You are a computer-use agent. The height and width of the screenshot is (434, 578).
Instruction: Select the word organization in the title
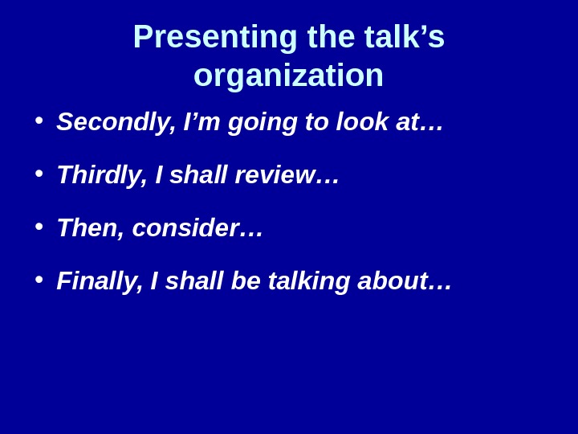tap(288, 76)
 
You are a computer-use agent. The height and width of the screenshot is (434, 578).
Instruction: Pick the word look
tap(362, 122)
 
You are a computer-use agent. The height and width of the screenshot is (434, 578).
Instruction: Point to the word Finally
tap(100, 281)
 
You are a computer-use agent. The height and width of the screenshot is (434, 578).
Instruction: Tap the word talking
tap(309, 281)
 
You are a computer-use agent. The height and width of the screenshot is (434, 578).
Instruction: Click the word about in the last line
tap(397, 281)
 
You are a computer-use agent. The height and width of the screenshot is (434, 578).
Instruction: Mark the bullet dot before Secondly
tap(39, 121)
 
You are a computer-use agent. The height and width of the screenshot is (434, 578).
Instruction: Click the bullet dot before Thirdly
tap(39, 174)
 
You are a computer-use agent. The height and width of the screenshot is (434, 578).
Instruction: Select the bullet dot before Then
tap(39, 227)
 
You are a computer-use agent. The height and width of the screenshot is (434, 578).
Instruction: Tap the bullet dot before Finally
tap(39, 280)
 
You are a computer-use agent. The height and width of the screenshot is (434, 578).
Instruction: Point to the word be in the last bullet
tap(245, 281)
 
